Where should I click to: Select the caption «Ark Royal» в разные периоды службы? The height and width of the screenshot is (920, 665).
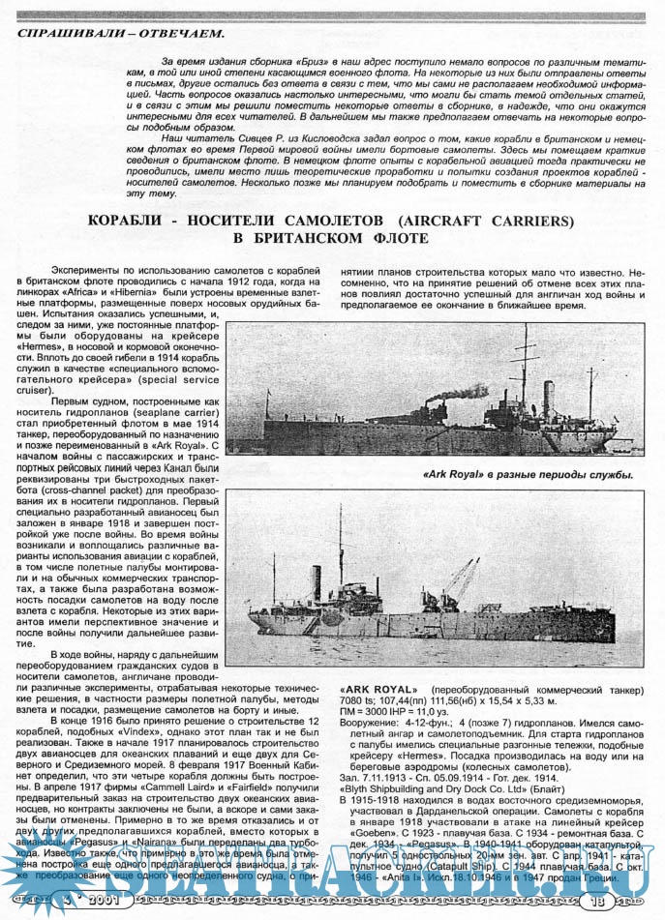coord(529,475)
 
